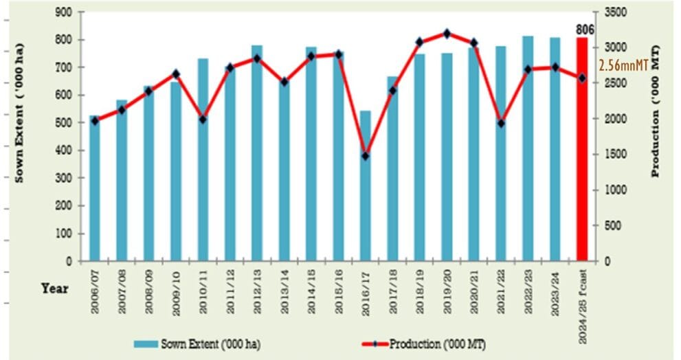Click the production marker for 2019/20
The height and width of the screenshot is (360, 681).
point(447,33)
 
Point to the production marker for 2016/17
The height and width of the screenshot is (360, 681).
point(365,156)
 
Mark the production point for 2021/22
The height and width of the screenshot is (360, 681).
point(501,123)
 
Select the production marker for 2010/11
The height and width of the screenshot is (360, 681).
point(203,120)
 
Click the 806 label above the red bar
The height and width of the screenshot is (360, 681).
point(584,29)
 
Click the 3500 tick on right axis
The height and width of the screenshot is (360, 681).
point(615,12)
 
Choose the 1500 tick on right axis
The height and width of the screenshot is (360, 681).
point(615,155)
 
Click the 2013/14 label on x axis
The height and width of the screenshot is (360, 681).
point(285,292)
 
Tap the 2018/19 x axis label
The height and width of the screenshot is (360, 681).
point(420,292)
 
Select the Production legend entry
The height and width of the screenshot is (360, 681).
point(426,344)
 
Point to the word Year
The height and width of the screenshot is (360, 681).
point(54,289)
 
